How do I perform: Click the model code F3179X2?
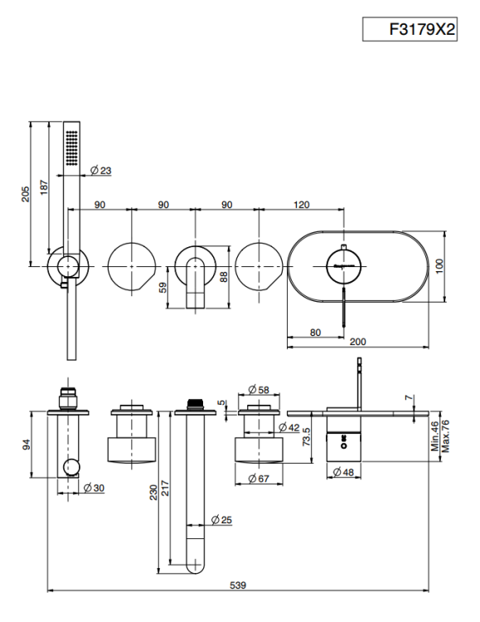[x=422, y=29]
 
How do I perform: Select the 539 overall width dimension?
[x=238, y=586]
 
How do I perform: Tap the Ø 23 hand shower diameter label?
[x=101, y=171]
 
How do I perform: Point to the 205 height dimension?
[x=26, y=194]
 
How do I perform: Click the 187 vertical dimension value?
[x=44, y=187]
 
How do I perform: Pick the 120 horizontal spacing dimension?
[x=302, y=205]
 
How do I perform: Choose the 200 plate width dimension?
[x=358, y=342]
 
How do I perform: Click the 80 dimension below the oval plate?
[x=315, y=333]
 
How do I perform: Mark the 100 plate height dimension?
[x=439, y=265]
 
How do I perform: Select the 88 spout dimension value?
[x=224, y=276]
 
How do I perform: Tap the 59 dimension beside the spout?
[x=162, y=288]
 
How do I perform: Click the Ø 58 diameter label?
[x=259, y=390]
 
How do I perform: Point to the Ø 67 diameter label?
[x=259, y=479]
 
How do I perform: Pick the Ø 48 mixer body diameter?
[x=343, y=472]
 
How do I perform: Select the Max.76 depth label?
[x=445, y=436]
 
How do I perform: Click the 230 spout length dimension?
[x=153, y=493]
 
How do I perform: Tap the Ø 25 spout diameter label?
[x=221, y=520]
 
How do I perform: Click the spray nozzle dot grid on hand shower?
[x=72, y=148]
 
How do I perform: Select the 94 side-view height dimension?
[x=27, y=445]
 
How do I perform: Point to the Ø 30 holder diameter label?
[x=94, y=488]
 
